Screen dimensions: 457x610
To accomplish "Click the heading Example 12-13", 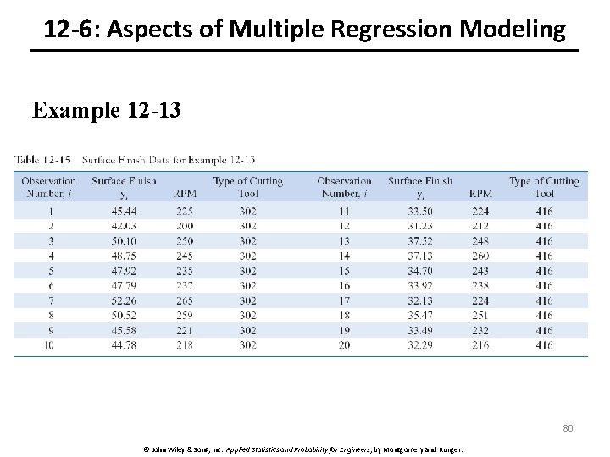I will click(106, 111).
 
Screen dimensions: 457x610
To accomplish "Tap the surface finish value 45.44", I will click(124, 212).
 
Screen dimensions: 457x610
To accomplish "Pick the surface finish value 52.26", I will click(124, 300).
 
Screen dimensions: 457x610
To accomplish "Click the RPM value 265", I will click(184, 300).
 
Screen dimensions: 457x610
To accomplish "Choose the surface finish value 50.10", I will click(124, 241).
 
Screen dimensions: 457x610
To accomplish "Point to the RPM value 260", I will click(480, 256).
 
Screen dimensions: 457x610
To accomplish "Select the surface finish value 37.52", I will click(420, 241).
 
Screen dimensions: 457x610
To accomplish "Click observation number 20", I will click(344, 345).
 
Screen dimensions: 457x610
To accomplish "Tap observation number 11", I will click(344, 212).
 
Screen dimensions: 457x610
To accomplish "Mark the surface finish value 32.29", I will click(420, 345).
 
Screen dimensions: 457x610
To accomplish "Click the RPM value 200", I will click(184, 226).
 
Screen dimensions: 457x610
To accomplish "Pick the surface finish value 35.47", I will click(420, 316).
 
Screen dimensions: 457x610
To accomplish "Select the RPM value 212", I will click(480, 226).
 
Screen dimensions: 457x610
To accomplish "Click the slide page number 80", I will click(568, 427).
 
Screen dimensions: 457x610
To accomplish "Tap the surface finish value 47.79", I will click(124, 285).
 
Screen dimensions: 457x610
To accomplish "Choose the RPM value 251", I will click(480, 316).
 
